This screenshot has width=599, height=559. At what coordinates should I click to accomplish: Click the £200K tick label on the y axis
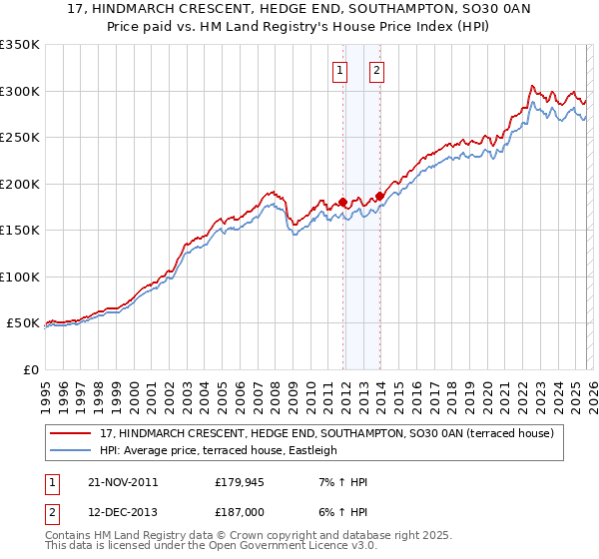20,184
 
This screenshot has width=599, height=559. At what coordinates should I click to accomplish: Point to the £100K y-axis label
20,277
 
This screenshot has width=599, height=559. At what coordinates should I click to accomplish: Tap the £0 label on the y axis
30,369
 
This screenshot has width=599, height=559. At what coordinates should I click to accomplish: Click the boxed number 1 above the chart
340,70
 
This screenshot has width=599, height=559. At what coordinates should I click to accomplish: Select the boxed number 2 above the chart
376,70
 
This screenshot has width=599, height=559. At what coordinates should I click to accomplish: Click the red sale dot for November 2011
342,203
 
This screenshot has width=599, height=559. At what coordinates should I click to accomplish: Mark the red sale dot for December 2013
379,196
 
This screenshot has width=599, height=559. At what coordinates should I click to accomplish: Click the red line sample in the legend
72,433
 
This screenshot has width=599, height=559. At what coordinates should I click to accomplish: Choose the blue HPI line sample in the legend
72,450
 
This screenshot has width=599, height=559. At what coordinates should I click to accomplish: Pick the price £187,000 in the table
240,512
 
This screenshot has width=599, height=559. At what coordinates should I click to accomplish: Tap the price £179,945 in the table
240,482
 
